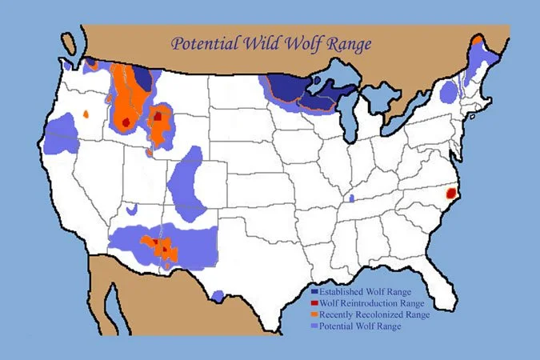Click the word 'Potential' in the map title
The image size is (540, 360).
coord(206,43)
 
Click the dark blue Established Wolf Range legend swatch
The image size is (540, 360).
coord(314,293)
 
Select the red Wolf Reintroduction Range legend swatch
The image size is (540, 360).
coord(314,304)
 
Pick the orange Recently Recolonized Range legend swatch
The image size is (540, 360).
coord(314,315)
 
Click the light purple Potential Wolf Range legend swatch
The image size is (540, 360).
coord(314,326)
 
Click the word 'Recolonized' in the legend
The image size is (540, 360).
coord(378,315)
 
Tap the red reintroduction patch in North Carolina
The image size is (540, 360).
coord(451,193)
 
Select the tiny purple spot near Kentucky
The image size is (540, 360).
coord(351,198)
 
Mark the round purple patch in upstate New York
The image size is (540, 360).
coord(449,94)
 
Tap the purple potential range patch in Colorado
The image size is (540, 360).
coord(187,182)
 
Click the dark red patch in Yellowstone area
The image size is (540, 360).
coord(158,116)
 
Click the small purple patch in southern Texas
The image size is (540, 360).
coord(218,296)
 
